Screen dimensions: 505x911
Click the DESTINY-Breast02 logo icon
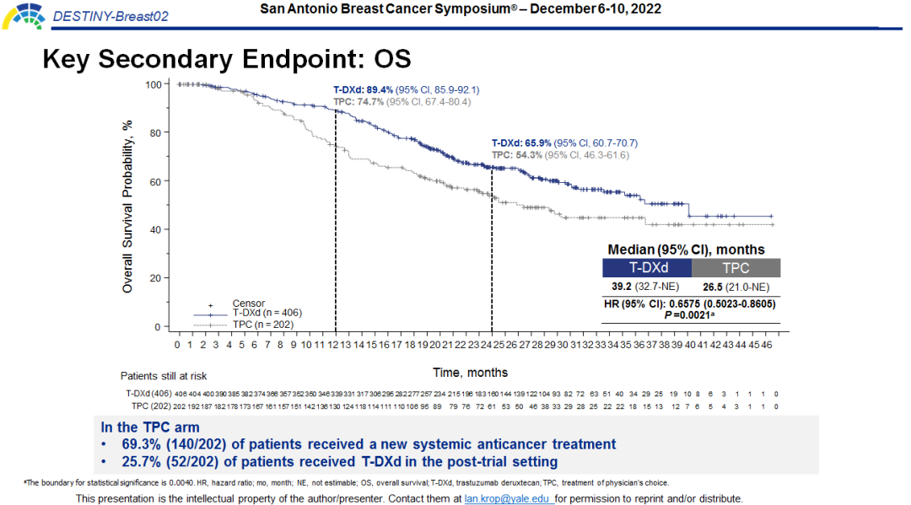click(x=23, y=14)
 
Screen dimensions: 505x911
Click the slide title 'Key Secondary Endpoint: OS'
click(x=226, y=59)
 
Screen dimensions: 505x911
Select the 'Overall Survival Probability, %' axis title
click(x=128, y=206)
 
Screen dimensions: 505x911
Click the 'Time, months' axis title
click(x=470, y=372)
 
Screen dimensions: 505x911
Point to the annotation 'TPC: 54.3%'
click(x=516, y=155)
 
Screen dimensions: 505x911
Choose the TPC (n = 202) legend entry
click(x=262, y=324)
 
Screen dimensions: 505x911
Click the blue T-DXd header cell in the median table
click(x=646, y=268)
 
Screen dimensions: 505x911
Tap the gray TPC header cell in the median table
click(x=736, y=268)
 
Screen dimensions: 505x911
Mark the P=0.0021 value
click(x=689, y=314)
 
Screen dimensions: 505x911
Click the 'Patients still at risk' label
click(x=164, y=375)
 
